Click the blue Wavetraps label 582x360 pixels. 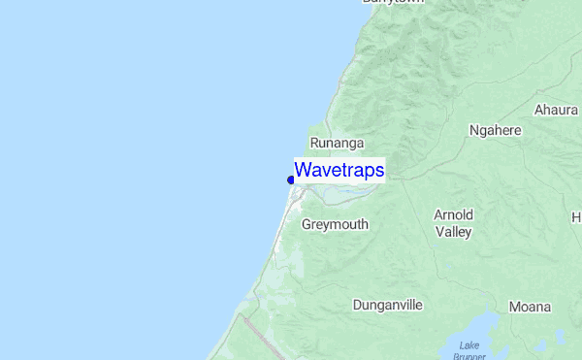tap(339, 171)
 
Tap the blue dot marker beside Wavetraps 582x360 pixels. tap(291, 180)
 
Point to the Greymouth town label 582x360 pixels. tap(335, 224)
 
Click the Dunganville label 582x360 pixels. tap(388, 305)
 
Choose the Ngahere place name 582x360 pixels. tap(495, 130)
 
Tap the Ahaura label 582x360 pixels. tap(556, 110)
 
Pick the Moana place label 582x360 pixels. tap(530, 307)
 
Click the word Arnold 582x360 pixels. tap(453, 214)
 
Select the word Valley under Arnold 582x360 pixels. tap(453, 232)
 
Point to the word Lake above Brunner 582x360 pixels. tap(469, 345)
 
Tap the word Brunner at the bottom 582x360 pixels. tap(469, 356)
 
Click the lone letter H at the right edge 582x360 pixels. tap(576, 217)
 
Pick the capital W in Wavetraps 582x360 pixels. tap(303, 171)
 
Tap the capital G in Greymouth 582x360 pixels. tap(307, 224)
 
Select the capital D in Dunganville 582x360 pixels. tap(357, 305)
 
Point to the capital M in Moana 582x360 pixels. tap(514, 307)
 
